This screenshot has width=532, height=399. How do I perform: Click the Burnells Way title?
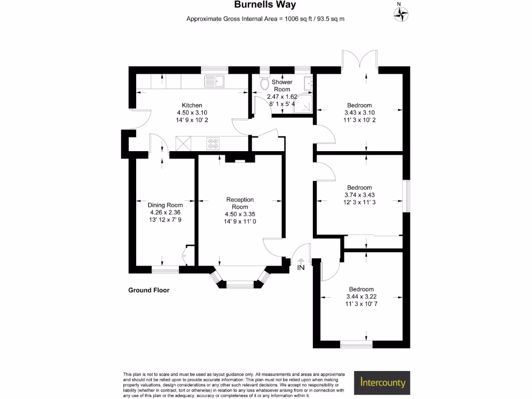click(265, 5)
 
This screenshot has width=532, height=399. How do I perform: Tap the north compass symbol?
click(401, 14)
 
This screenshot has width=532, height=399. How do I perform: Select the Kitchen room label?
click(192, 105)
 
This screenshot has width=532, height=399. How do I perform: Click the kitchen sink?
click(214, 82)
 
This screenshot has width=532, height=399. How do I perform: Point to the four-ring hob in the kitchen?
click(213, 143)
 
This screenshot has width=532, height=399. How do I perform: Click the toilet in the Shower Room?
click(264, 83)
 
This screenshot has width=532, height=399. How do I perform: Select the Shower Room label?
click(282, 86)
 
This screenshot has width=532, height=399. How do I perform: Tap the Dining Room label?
click(165, 205)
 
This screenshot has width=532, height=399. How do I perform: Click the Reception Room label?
click(240, 203)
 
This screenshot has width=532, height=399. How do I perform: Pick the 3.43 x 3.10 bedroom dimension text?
click(360, 113)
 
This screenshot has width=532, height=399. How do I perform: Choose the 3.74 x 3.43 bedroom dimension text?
click(360, 195)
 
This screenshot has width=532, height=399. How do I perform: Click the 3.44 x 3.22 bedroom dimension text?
click(362, 296)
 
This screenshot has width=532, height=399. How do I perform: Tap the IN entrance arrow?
click(301, 261)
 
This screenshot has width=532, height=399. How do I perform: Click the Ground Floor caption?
click(149, 290)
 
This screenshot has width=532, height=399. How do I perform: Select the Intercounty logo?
click(382, 383)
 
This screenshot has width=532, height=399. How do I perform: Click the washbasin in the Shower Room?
click(308, 83)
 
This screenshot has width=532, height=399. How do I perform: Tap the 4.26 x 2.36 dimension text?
click(165, 212)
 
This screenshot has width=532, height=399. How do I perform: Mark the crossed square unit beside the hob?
click(183, 143)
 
